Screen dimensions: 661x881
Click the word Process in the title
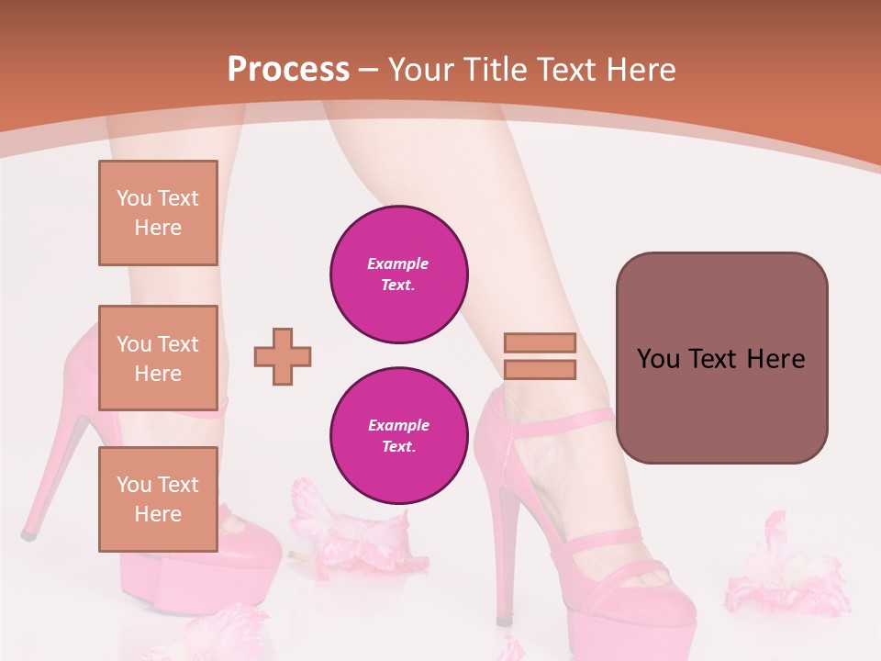tap(288, 69)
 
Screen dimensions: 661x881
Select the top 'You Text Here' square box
tap(158, 213)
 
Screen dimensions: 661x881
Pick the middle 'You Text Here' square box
tap(158, 358)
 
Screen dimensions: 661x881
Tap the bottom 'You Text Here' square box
tap(158, 499)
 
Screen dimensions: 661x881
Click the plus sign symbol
tap(283, 356)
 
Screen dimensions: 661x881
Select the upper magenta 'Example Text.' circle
tap(399, 274)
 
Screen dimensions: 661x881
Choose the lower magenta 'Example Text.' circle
tap(399, 435)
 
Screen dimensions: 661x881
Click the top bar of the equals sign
tap(540, 342)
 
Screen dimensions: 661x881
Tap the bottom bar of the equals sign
tap(540, 370)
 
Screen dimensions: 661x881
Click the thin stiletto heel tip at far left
tap(28, 532)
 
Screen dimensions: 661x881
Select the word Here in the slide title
tap(641, 70)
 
